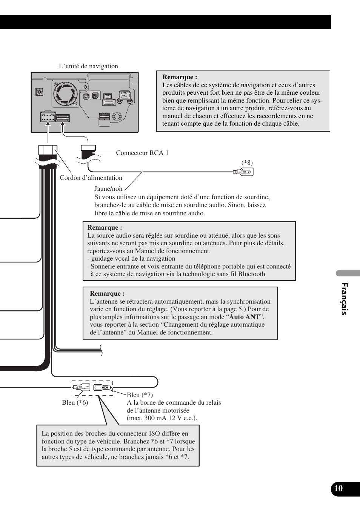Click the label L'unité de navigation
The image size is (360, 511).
point(88,66)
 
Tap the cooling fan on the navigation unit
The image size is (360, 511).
point(66,94)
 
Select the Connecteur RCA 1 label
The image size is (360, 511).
point(142,153)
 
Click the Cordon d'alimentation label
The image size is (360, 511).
point(91,178)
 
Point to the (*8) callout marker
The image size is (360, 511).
point(247,163)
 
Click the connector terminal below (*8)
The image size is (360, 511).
point(243,172)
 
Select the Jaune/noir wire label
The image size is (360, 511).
point(109,189)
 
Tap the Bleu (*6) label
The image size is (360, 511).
point(75,402)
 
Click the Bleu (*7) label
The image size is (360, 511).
point(140,395)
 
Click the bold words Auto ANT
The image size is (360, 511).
point(244,317)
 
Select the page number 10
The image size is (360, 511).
point(338,488)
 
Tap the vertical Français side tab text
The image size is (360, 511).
point(344,298)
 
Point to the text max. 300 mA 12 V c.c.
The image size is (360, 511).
point(162,418)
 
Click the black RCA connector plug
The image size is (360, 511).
point(89,152)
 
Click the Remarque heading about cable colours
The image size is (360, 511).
point(180,77)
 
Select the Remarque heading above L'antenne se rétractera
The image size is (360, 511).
point(107,293)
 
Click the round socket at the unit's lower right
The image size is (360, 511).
point(117,116)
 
